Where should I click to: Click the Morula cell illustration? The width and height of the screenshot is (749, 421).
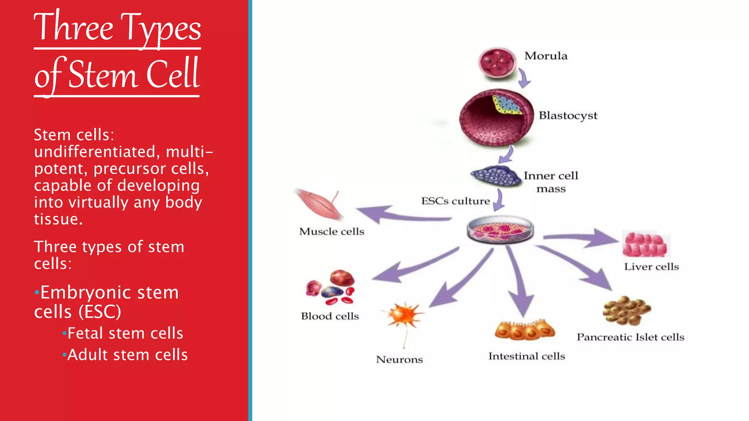tap(497, 63)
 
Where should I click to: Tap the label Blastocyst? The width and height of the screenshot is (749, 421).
tap(568, 115)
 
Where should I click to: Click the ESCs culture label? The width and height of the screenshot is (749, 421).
tap(455, 201)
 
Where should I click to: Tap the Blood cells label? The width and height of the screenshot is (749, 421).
tap(330, 316)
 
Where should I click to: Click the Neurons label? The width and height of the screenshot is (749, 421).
tap(399, 360)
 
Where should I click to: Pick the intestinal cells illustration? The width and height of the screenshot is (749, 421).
tap(525, 330)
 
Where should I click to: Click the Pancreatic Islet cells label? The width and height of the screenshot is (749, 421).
tap(631, 337)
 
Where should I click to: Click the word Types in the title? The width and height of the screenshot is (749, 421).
tap(161, 29)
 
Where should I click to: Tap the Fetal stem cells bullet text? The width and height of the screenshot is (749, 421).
tap(125, 333)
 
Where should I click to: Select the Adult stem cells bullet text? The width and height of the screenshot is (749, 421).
tap(127, 355)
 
